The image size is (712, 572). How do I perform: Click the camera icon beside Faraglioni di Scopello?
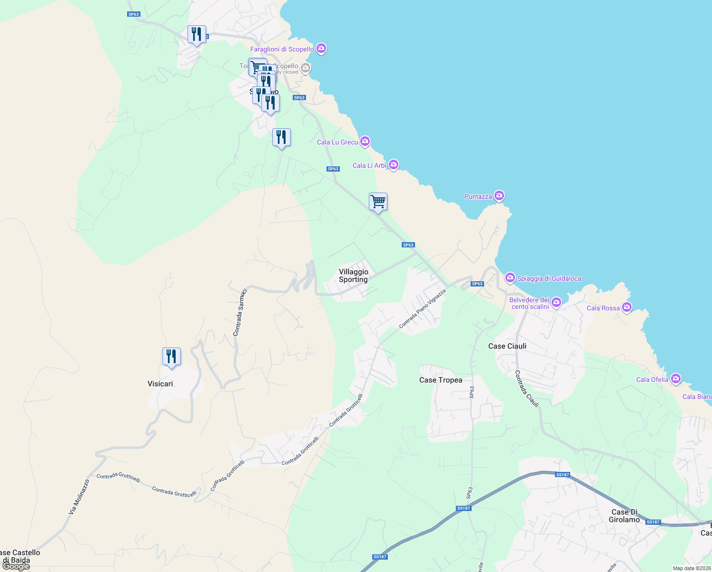[x=321, y=49]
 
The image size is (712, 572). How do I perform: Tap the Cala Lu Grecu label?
[x=337, y=142]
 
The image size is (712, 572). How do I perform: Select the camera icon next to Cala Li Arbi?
[x=393, y=165]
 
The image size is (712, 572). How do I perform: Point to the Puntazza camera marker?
[x=499, y=196]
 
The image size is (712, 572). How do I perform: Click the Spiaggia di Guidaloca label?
[x=549, y=278]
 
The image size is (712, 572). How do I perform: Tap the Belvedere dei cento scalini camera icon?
[x=556, y=302]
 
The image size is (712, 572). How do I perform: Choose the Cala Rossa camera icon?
[x=627, y=307]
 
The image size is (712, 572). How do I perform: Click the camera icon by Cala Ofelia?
[x=675, y=379]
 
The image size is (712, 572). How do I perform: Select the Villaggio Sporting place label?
[x=353, y=276]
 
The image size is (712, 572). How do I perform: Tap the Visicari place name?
[x=160, y=384]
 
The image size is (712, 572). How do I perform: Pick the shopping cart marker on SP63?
[x=378, y=202]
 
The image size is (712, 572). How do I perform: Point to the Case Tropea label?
[x=441, y=380]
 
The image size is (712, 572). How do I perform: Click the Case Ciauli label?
[x=507, y=346]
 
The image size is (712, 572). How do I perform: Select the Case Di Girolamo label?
[x=624, y=516]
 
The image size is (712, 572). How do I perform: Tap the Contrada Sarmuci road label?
[x=240, y=312]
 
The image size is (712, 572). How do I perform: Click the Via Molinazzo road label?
[x=79, y=497]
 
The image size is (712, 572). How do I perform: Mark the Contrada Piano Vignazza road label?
[x=422, y=308]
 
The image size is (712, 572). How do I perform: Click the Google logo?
[x=16, y=566]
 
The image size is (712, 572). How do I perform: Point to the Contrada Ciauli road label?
[x=527, y=389]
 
